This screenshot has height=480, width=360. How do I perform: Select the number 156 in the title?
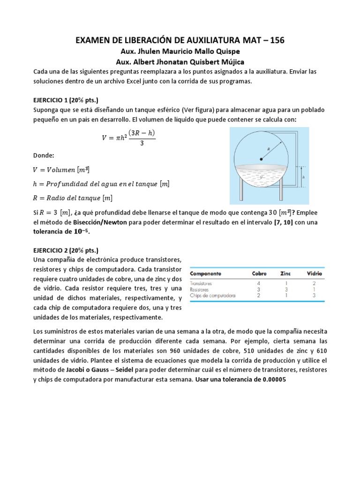point(276,41)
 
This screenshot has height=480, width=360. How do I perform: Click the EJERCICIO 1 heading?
point(66,100)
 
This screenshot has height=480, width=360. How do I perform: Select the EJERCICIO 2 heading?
point(66,250)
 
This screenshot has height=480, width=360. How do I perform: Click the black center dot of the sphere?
point(261,159)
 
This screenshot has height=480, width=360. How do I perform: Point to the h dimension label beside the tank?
point(304,177)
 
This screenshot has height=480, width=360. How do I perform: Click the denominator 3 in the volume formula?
point(141,143)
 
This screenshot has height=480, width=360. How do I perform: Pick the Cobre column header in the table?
point(259,273)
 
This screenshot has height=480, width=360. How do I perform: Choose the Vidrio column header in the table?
point(314,273)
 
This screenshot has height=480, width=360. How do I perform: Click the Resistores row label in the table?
point(200,290)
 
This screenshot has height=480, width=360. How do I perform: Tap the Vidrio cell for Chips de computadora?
point(314,296)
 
